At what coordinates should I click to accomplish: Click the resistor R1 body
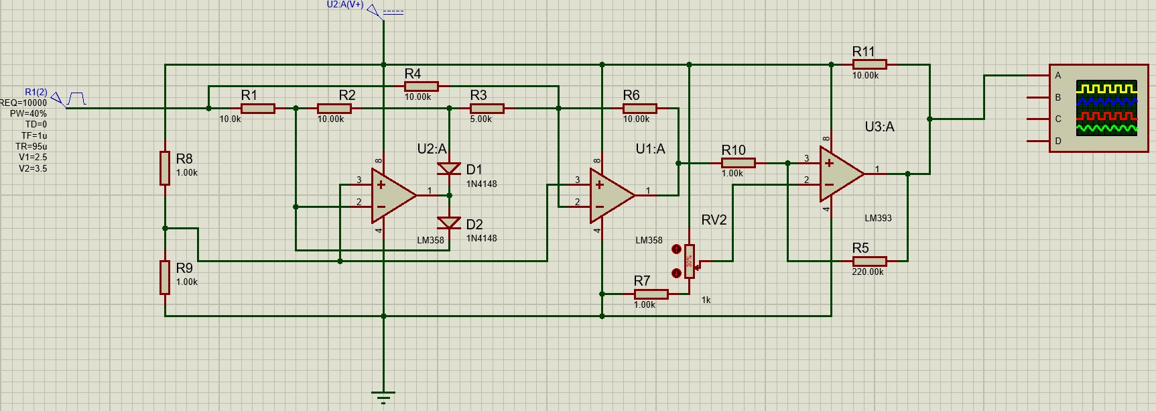(258, 109)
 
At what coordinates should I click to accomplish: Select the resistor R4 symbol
(422, 86)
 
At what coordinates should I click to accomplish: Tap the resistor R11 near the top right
(870, 64)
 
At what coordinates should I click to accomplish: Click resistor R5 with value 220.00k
(870, 261)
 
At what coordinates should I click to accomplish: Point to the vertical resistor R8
(165, 168)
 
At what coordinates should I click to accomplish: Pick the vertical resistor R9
(165, 278)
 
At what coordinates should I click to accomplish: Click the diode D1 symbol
(449, 168)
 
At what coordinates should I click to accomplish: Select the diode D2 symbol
(449, 223)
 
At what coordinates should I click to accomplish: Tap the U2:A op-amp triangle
(394, 195)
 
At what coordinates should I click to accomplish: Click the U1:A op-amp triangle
(612, 195)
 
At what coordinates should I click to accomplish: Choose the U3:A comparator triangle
(842, 174)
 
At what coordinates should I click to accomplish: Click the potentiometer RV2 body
(690, 261)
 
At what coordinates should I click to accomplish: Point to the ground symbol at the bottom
(383, 398)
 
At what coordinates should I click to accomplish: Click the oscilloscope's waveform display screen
(1106, 108)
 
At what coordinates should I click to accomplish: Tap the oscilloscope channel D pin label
(1058, 141)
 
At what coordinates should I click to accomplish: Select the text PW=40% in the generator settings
(28, 113)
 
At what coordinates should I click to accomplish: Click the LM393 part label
(878, 218)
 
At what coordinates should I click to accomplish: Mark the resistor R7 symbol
(651, 294)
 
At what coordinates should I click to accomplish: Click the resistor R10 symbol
(738, 163)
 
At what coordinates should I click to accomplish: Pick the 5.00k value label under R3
(480, 119)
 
